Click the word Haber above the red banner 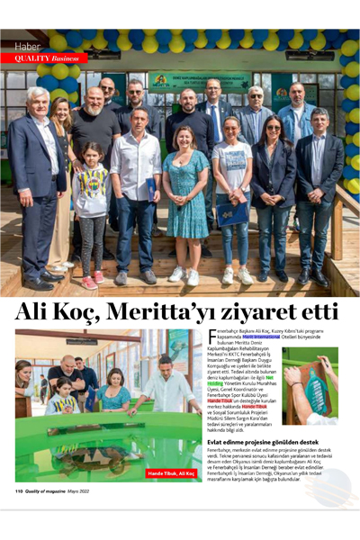point(27,46)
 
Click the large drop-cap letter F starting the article point(212,336)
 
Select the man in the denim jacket point(295,126)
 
